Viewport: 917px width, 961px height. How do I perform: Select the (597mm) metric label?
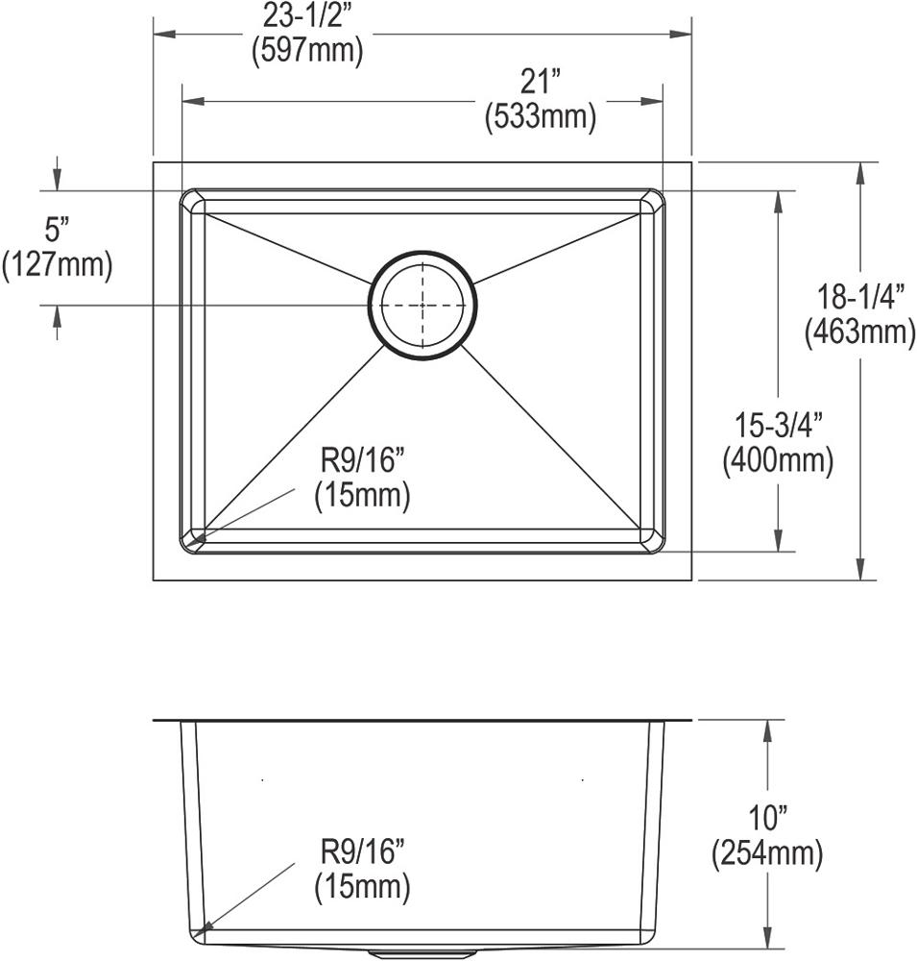[307, 50]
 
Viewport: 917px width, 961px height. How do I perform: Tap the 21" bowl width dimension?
[541, 82]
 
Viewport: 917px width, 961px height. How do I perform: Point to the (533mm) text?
[541, 116]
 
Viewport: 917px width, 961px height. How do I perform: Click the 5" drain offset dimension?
[57, 230]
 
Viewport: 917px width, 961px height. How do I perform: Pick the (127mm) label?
[57, 265]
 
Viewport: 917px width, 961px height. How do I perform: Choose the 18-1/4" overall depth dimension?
[859, 298]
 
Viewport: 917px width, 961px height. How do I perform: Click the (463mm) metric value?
[859, 333]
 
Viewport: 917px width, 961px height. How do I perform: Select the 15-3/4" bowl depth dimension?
[778, 425]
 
